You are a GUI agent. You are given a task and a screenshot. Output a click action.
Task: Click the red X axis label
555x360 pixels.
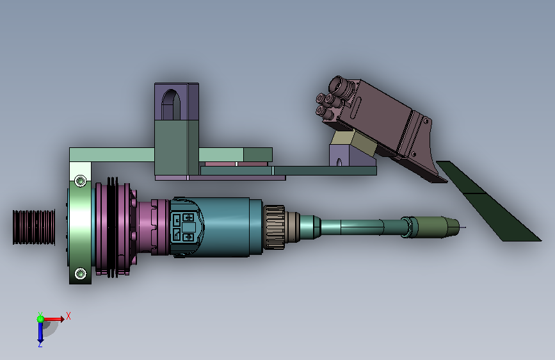click(68, 316)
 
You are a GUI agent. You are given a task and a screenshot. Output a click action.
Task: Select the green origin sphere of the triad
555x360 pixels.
click(40, 319)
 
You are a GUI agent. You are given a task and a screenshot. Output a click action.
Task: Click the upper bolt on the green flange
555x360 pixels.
click(81, 181)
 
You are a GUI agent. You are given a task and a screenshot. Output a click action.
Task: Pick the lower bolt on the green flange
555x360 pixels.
click(81, 274)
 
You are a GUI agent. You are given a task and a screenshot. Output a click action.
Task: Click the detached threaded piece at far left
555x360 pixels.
click(34, 227)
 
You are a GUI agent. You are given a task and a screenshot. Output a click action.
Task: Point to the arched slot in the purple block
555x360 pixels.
click(171, 104)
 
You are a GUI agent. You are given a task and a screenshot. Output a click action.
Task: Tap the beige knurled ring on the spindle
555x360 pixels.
click(274, 227)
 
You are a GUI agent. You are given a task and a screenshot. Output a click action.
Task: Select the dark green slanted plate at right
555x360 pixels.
click(488, 201)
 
